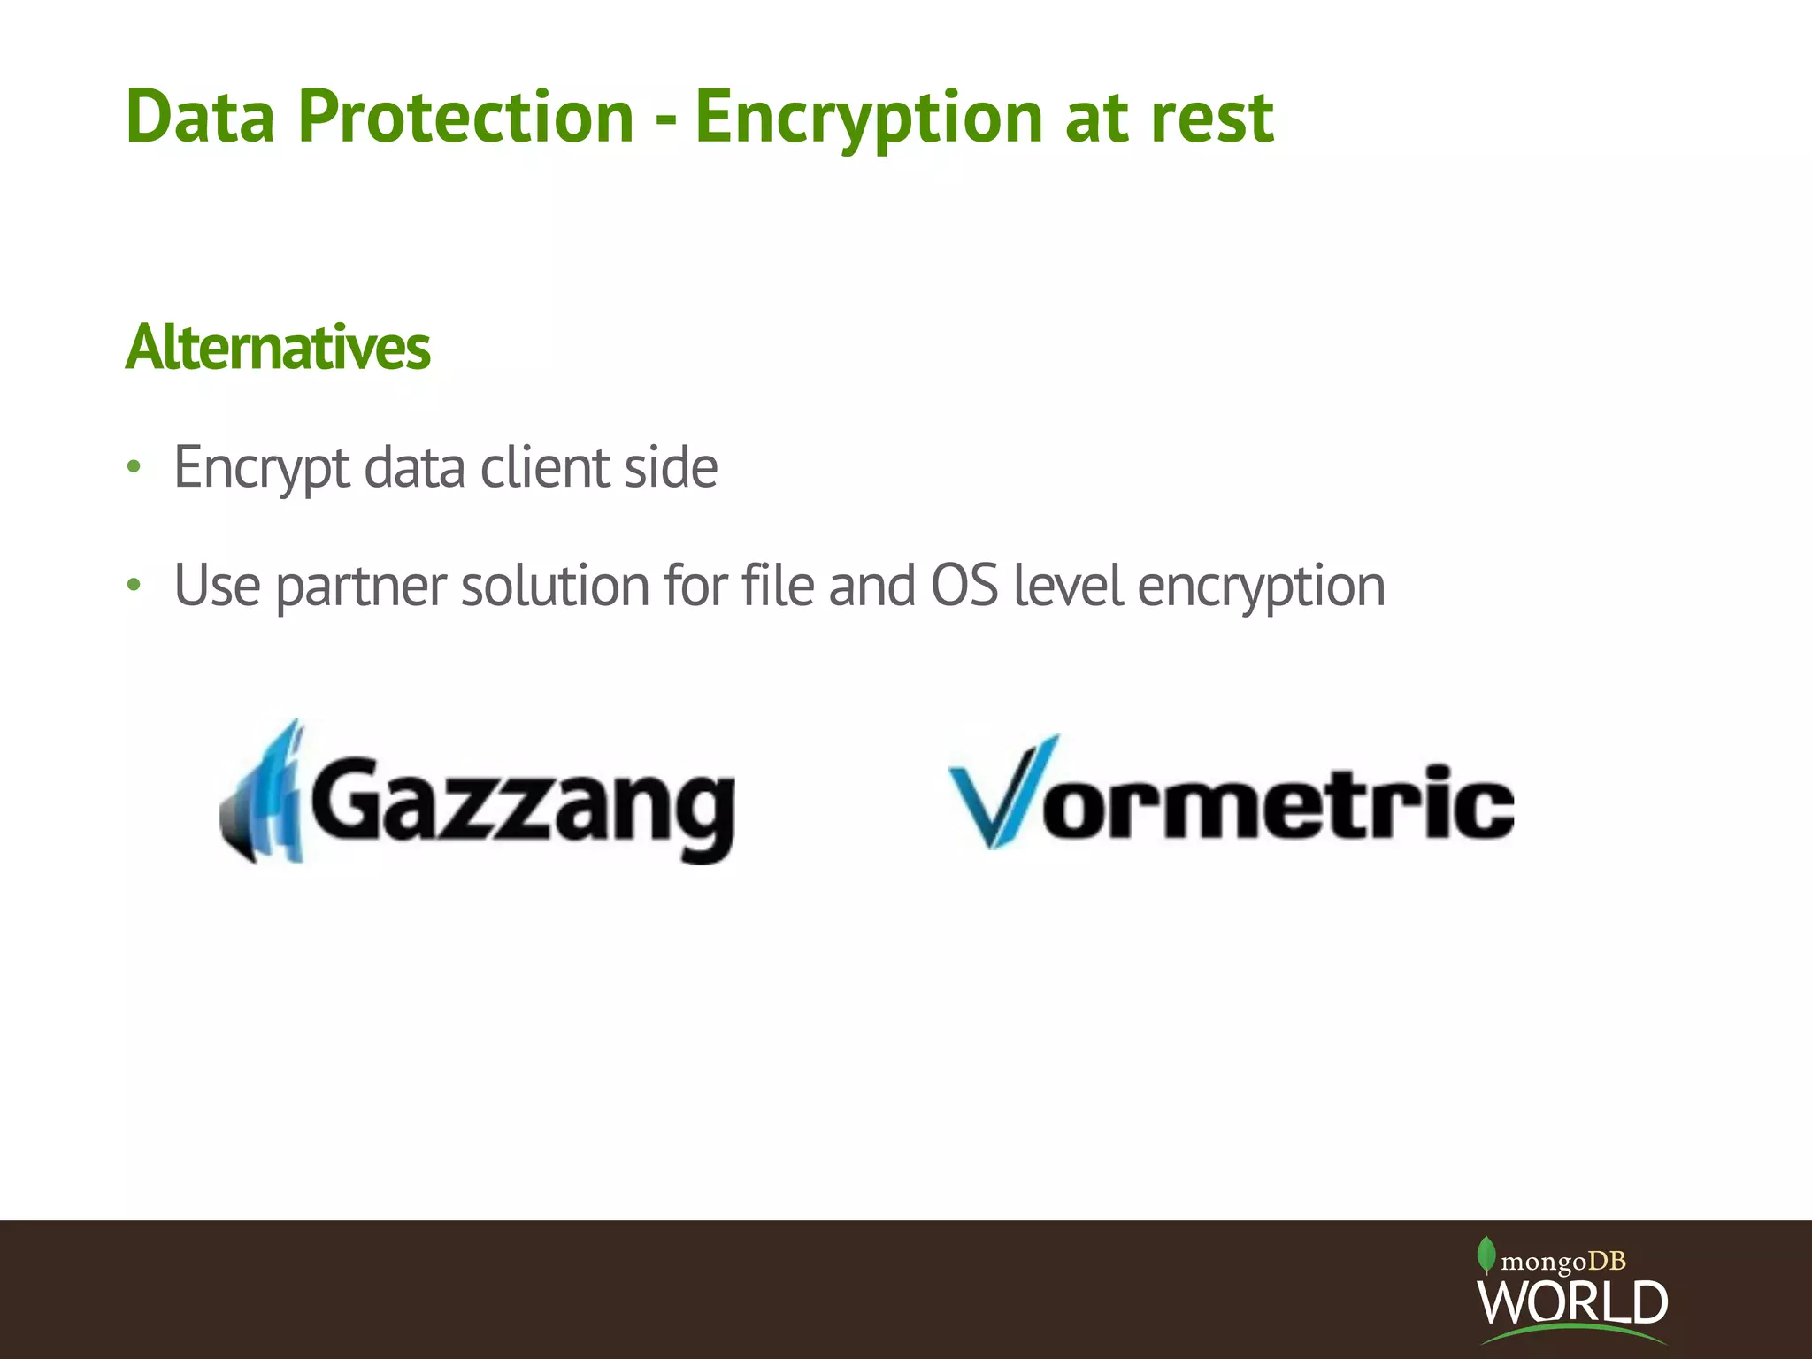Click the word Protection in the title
pos(465,117)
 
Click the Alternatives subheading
pos(278,347)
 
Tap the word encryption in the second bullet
pos(1261,587)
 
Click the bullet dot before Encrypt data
pos(134,466)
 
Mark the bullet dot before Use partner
pos(134,585)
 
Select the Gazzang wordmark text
pos(522,805)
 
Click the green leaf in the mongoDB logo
pos(1486,1255)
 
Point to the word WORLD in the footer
pos(1572,1301)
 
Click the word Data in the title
pos(201,117)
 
